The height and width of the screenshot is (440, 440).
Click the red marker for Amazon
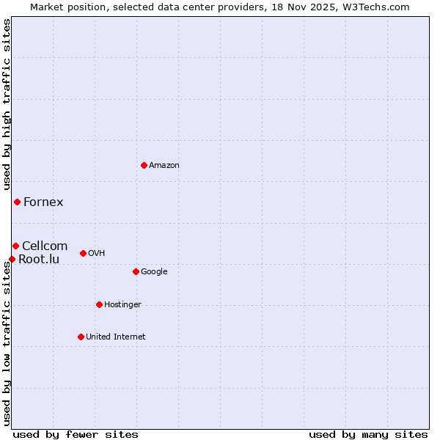[x=144, y=165]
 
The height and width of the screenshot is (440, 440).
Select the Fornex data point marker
[x=17, y=202]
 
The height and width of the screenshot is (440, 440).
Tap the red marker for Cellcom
[x=15, y=246]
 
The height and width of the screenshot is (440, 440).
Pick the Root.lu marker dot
[x=12, y=259]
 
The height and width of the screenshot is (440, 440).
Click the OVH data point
[x=83, y=253]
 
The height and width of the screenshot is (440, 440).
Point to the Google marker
[x=136, y=271]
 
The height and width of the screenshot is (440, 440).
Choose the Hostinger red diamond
[x=99, y=304]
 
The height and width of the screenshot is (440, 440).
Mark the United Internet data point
[x=81, y=337]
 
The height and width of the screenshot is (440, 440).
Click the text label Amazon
[x=164, y=166]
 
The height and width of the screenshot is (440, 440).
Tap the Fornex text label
[x=43, y=202]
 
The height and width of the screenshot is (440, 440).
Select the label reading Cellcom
[x=45, y=246]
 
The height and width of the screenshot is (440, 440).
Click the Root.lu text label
[x=39, y=259]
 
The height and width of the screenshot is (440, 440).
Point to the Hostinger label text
[x=122, y=304]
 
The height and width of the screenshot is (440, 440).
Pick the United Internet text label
[x=116, y=337]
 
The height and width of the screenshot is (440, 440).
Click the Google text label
[x=154, y=271]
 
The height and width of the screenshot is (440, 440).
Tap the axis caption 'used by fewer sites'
[x=76, y=434]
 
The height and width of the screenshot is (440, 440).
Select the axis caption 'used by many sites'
[x=368, y=434]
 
